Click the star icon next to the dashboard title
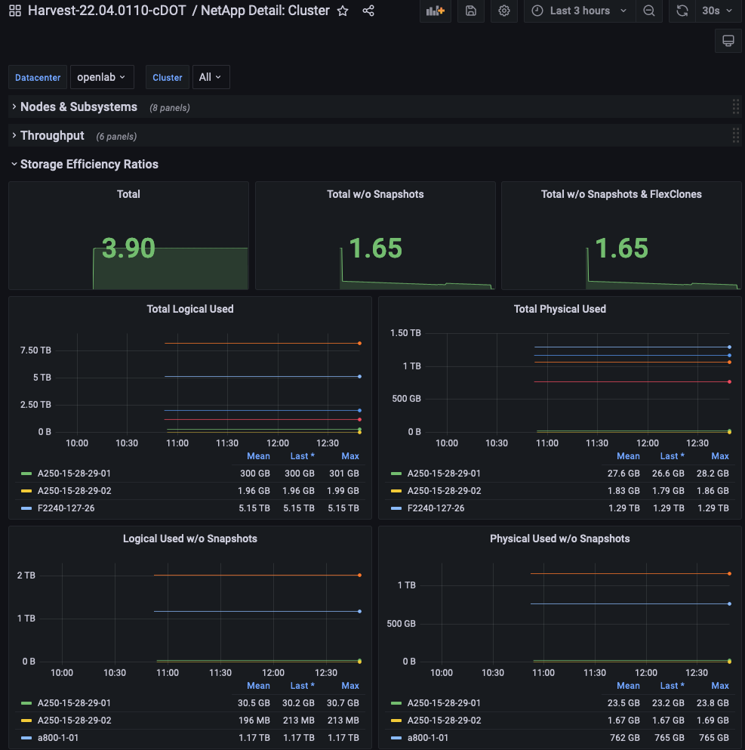[x=343, y=11]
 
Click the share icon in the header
[x=368, y=11]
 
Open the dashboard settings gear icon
[x=504, y=11]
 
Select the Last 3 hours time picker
[x=579, y=11]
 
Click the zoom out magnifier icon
[x=648, y=11]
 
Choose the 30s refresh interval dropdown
[x=716, y=11]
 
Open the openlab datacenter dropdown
[x=101, y=77]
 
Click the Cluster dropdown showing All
[x=211, y=77]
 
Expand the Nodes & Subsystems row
[x=79, y=107]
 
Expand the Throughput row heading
[x=52, y=136]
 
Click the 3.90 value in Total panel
[x=128, y=248]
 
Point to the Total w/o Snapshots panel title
[x=375, y=194]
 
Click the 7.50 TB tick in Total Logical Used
[x=35, y=350]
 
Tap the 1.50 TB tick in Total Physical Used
[x=405, y=333]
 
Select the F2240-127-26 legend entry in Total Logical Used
[x=66, y=508]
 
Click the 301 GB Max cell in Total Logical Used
[x=344, y=474]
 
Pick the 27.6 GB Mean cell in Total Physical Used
[x=624, y=474]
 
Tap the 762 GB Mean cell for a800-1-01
[x=624, y=738]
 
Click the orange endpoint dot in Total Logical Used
[x=359, y=343]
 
